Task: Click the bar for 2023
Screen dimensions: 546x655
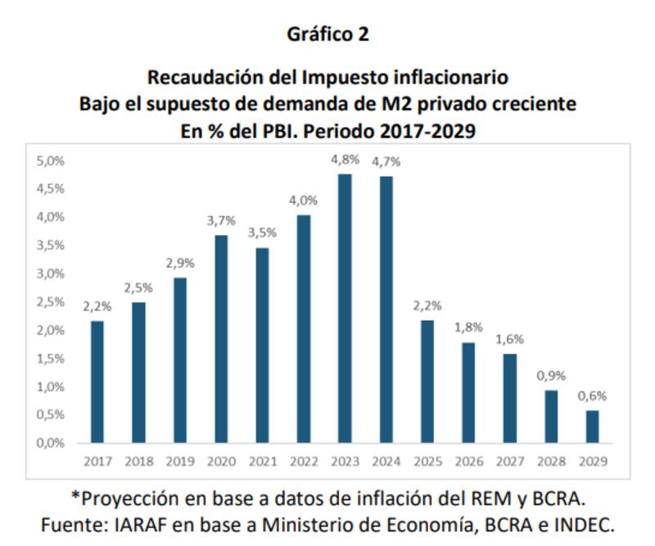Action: (346, 309)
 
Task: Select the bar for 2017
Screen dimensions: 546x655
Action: (97, 381)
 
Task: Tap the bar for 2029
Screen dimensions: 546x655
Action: (593, 426)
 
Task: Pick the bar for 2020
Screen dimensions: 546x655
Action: (221, 339)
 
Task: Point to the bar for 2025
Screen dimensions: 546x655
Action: (427, 381)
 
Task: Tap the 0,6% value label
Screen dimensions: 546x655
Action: (593, 395)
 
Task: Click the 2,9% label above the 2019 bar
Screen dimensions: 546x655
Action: (180, 264)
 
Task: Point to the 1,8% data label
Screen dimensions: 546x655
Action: (469, 328)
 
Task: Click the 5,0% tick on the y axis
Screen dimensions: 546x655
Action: (51, 160)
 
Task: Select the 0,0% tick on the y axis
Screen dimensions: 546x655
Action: (51, 443)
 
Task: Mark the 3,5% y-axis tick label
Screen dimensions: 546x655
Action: (51, 245)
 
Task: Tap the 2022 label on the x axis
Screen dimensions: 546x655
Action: (304, 462)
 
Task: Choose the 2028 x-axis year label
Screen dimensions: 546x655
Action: (552, 462)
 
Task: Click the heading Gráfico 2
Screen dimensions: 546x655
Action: (327, 34)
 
